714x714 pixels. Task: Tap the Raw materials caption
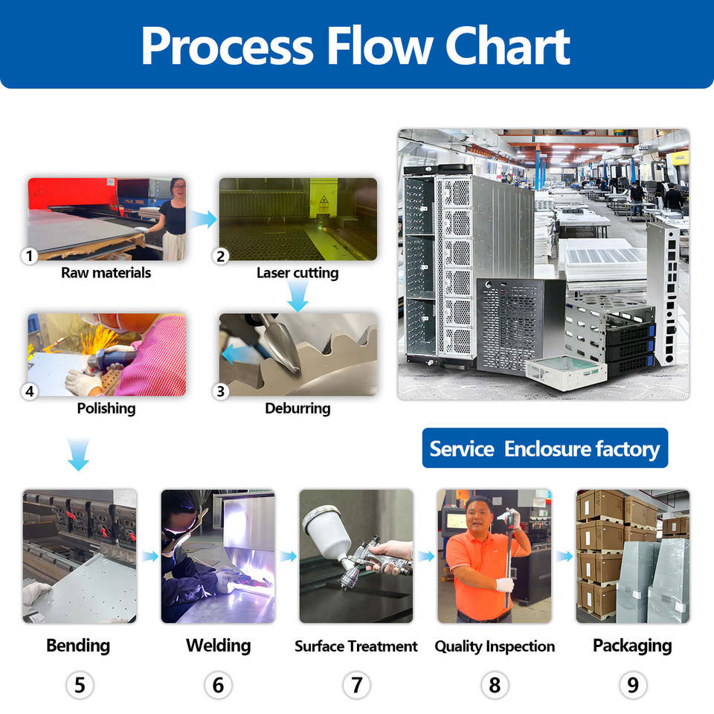point(106,273)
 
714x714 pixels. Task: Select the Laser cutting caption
point(297,273)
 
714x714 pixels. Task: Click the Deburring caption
point(297,408)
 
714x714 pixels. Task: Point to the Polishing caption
point(106,408)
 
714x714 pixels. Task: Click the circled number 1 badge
point(30,257)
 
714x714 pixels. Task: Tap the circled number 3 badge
point(221,390)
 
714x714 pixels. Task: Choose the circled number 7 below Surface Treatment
point(356,684)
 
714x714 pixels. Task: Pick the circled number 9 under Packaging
point(632,684)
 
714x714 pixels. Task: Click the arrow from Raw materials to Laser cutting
point(202,219)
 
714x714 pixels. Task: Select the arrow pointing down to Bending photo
point(78,454)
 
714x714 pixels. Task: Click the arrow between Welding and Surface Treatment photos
point(287,556)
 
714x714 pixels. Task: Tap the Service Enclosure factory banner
point(544,448)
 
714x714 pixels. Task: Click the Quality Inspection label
point(495,646)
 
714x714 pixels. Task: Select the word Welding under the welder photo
point(218,646)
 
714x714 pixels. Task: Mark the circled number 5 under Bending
point(80,684)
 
